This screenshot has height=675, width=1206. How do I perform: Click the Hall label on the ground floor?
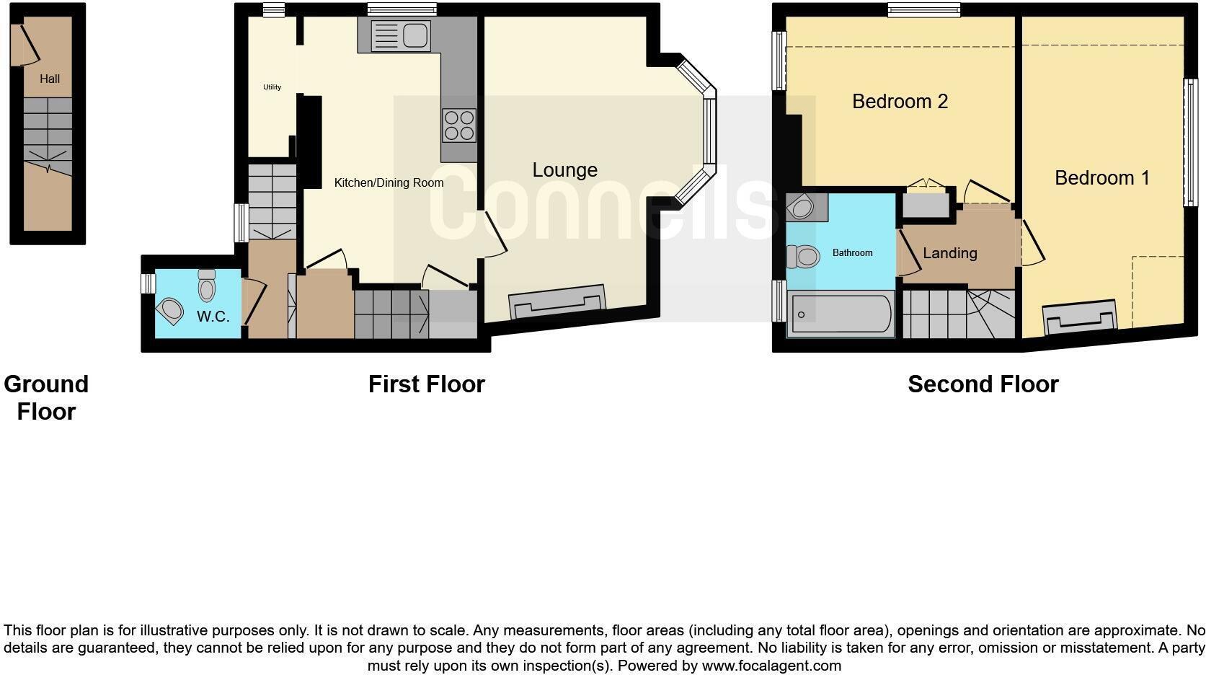pos(50,79)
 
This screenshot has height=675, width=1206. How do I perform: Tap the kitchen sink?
pos(401,35)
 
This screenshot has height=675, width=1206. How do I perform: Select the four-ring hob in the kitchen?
pos(459,125)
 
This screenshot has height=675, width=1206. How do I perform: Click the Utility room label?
pos(272,87)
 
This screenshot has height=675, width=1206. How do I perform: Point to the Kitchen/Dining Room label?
pos(389,183)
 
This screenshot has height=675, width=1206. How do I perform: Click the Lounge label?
pos(564,170)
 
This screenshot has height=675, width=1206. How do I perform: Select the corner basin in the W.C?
pos(171,311)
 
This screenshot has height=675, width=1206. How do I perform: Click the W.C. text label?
pos(213,317)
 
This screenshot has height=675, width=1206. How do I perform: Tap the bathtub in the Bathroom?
pos(841,314)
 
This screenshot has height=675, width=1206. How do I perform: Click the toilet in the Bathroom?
pos(803,256)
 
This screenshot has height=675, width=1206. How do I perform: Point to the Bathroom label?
pos(852,253)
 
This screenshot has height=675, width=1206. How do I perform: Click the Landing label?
pos(949,253)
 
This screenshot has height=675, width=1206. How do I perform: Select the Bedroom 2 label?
pos(900,102)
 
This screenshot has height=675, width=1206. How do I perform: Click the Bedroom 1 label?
pos(1101,178)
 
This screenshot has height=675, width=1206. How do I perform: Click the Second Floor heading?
pos(983,384)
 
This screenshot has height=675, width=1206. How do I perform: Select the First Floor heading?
pos(426,384)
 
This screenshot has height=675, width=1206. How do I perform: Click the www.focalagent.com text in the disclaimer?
pos(771,666)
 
